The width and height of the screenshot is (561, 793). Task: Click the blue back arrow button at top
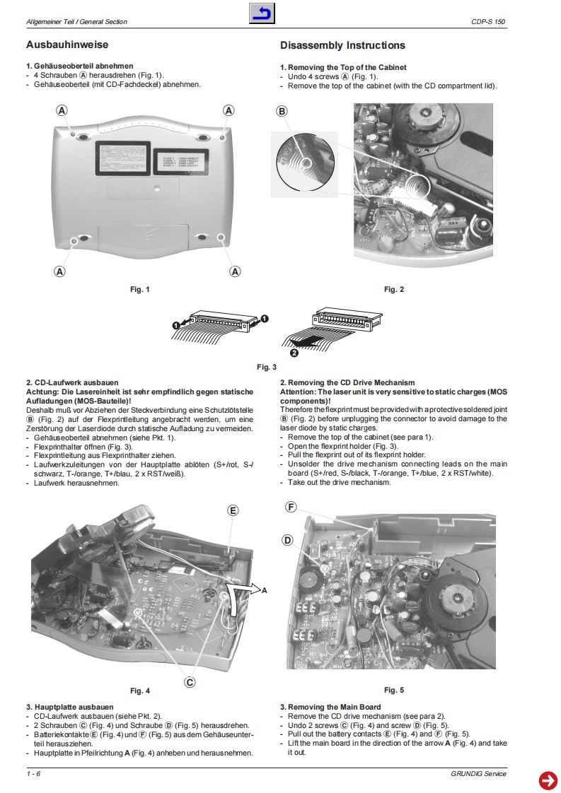click(262, 13)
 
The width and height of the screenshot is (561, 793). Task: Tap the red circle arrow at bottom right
click(548, 780)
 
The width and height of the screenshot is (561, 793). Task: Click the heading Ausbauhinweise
click(67, 45)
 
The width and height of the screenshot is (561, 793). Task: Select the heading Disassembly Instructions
click(342, 46)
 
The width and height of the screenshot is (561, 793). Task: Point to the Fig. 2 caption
click(394, 289)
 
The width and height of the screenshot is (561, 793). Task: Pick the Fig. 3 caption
click(267, 367)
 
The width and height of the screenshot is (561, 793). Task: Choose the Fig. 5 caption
click(394, 690)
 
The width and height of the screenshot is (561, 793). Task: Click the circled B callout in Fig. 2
click(282, 112)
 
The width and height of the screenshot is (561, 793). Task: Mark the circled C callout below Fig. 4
click(190, 682)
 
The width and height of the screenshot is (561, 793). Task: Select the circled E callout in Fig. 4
click(233, 510)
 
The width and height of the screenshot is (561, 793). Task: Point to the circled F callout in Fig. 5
click(290, 507)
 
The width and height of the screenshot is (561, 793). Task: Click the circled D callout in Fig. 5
click(287, 541)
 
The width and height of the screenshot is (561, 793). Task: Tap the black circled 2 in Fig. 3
click(294, 351)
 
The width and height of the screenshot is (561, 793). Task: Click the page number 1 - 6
click(33, 774)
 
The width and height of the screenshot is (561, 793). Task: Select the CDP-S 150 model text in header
click(489, 22)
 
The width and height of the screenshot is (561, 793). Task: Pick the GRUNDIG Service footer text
click(478, 774)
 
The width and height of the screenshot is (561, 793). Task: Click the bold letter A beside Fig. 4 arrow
click(265, 589)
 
